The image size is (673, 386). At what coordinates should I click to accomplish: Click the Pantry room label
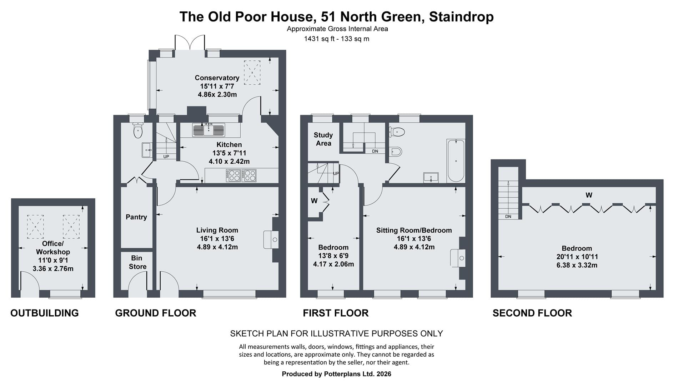pyautogui.click(x=136, y=217)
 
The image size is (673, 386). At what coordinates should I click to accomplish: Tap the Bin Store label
pyautogui.click(x=137, y=262)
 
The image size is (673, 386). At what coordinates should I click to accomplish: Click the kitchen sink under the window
pyautogui.click(x=208, y=130)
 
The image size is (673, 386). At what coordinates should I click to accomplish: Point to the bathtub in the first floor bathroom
pyautogui.click(x=456, y=161)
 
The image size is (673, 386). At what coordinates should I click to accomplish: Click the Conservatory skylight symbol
pyautogui.click(x=252, y=73)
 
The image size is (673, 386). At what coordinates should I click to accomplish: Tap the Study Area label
pyautogui.click(x=323, y=139)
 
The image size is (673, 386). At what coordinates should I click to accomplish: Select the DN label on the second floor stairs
pyautogui.click(x=508, y=217)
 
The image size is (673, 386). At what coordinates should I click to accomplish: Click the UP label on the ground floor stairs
pyautogui.click(x=166, y=157)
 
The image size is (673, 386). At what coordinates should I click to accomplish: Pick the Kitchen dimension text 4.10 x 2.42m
pyautogui.click(x=229, y=161)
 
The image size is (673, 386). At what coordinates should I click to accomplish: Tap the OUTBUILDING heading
pyautogui.click(x=45, y=313)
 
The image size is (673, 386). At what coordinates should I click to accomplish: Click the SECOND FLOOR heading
pyautogui.click(x=532, y=313)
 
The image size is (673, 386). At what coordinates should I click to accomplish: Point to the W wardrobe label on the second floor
pyautogui.click(x=589, y=195)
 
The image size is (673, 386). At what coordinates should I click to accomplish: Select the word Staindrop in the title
pyautogui.click(x=461, y=16)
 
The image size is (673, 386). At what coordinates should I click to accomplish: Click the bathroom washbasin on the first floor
pyautogui.click(x=431, y=177)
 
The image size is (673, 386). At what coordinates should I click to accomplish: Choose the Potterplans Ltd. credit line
pyautogui.click(x=336, y=374)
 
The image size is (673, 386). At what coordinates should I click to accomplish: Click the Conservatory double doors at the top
pyautogui.click(x=190, y=43)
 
